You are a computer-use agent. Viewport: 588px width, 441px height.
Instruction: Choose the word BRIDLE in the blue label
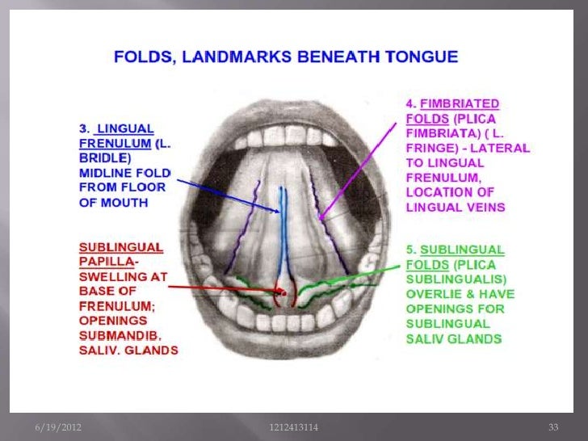click(106, 157)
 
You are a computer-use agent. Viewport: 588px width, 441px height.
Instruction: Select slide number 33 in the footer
click(553, 426)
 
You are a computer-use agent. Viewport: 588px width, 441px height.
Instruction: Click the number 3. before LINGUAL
click(84, 128)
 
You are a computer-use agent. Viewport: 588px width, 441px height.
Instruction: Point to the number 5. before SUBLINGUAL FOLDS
click(410, 250)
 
